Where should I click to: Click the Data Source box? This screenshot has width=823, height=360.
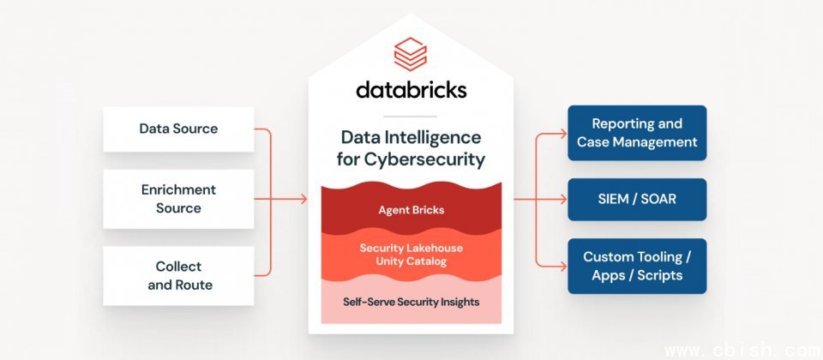[178, 129]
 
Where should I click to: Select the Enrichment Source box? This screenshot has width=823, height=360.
[178, 199]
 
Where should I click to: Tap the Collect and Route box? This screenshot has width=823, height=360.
[178, 276]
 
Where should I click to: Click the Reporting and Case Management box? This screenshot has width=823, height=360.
[637, 133]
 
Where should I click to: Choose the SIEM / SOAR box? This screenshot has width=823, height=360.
[637, 200]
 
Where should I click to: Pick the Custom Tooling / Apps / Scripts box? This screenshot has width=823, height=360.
[637, 266]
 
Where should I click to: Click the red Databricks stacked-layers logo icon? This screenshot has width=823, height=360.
[410, 55]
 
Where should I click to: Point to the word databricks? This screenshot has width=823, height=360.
[410, 90]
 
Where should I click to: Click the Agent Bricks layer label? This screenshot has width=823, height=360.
[410, 209]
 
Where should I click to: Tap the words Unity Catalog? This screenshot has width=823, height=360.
[410, 261]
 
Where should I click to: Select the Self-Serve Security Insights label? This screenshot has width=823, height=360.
[411, 302]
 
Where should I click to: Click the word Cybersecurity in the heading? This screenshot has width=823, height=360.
[437, 159]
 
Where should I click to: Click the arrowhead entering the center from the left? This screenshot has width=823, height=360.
[302, 200]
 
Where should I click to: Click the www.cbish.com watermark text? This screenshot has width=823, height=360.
[742, 351]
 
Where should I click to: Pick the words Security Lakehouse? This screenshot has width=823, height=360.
[410, 248]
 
